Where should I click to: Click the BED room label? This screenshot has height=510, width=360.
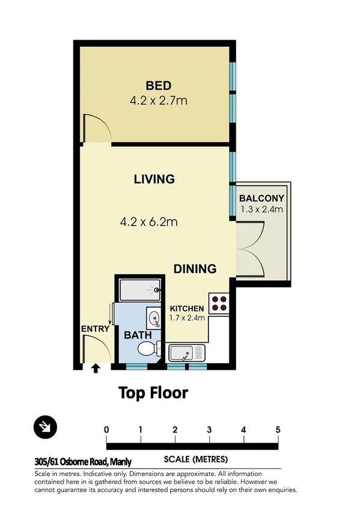tap(158, 84)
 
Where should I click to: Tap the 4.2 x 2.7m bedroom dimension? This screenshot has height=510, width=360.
tap(158, 100)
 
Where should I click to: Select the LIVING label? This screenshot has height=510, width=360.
tap(154, 179)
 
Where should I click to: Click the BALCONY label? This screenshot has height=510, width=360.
tap(261, 198)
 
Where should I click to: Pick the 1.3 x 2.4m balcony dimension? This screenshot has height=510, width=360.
tap(261, 209)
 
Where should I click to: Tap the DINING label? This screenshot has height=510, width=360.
tap(195, 269)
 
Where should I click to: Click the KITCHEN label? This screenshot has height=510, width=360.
tap(186, 308)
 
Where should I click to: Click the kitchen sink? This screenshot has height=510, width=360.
tap(187, 352)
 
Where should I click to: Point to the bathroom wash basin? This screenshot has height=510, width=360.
tap(154, 318)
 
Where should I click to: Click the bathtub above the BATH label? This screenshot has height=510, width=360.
tap(139, 290)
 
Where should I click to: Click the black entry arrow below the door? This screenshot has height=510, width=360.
tap(95, 368)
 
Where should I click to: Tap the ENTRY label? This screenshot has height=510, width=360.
tap(95, 328)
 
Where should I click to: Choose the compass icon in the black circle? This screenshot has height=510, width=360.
tap(46, 428)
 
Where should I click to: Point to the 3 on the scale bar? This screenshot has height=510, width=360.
tap(209, 429)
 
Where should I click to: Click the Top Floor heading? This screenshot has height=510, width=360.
tap(153, 393)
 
